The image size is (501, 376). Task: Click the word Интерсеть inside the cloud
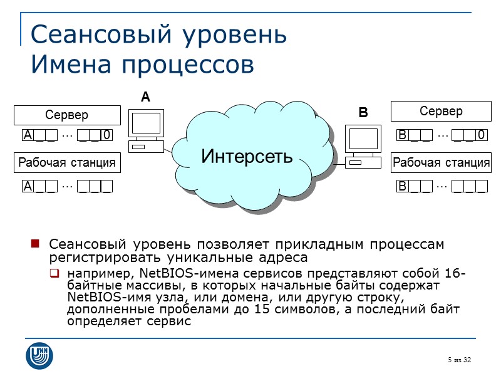coord(247,154)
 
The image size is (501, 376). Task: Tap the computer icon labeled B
coord(363,145)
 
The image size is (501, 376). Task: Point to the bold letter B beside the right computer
coord(363,113)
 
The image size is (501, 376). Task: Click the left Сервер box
coord(67,115)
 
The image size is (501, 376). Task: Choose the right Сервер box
coord(441,112)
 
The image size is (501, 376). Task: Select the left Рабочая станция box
coord(67,163)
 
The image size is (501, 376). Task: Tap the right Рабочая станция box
coord(441,164)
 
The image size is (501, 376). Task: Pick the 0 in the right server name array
coord(481,135)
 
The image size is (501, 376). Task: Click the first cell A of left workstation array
coord(28,186)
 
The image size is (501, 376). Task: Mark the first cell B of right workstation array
coord(403,186)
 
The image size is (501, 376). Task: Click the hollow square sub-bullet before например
coord(55,273)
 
